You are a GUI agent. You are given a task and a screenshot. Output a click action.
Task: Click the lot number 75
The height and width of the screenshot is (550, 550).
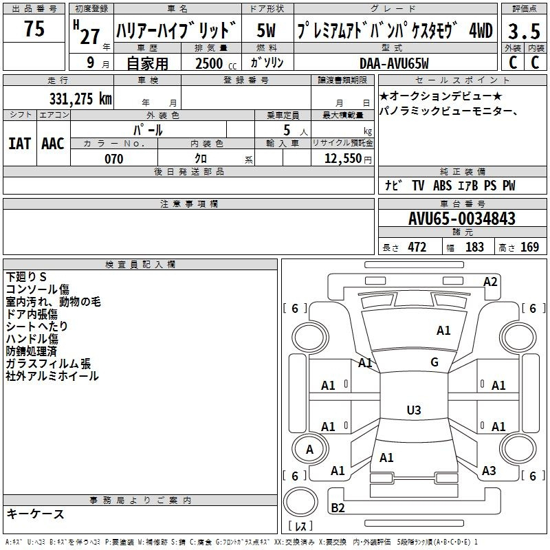[x=34, y=29]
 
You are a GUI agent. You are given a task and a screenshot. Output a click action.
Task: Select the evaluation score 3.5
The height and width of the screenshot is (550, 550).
[x=523, y=32]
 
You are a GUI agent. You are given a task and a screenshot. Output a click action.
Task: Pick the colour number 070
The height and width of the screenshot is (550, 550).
[x=113, y=159]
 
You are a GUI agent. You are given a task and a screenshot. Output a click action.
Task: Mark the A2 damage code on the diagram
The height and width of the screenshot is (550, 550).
[x=490, y=281]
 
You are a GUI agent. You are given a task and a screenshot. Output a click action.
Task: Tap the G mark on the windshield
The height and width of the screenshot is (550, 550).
[x=434, y=362]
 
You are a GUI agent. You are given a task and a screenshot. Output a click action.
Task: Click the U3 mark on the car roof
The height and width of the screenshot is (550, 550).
[x=413, y=410]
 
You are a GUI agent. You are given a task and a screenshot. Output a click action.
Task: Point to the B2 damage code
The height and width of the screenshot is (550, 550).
[x=338, y=508]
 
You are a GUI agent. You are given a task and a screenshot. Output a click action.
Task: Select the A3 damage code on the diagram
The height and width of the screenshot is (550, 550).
[x=489, y=471]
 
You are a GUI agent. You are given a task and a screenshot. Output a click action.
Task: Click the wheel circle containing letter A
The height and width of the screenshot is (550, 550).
[x=309, y=450]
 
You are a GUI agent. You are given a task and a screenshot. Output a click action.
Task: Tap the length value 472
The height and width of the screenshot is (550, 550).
[x=417, y=247]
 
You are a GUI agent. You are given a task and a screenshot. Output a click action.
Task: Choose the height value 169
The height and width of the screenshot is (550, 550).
[x=529, y=247]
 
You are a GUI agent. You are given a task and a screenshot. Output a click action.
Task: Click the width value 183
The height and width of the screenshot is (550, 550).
[x=474, y=247]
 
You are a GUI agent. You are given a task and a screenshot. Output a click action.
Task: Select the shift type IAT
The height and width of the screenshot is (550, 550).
[x=19, y=144]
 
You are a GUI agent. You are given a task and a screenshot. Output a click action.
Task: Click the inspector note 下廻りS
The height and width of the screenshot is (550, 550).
[x=26, y=277]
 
